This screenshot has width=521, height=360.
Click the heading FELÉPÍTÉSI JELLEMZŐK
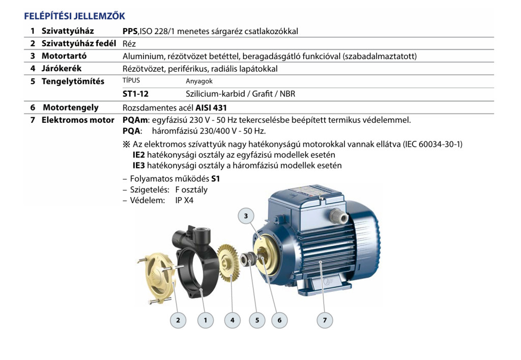[x=74, y=16]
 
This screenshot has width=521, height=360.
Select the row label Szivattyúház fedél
[x=79, y=44]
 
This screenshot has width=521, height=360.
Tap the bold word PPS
[x=130, y=31]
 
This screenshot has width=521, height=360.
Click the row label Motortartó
[x=64, y=56]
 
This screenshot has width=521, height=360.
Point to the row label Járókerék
[x=62, y=68]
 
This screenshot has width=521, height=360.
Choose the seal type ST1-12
[x=135, y=94]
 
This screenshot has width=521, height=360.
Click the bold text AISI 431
[x=211, y=108]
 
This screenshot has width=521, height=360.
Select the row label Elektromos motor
[x=78, y=120]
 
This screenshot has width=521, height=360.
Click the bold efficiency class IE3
[x=138, y=165]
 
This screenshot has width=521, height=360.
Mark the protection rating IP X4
[x=184, y=201]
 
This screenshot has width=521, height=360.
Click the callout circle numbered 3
[x=246, y=216]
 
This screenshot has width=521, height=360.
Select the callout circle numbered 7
[x=325, y=320]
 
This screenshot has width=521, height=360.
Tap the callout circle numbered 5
[x=257, y=320]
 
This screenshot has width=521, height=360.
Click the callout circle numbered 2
[x=178, y=320]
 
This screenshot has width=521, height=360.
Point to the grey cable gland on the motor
[x=338, y=215]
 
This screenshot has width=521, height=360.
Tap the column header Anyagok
[x=199, y=81]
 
